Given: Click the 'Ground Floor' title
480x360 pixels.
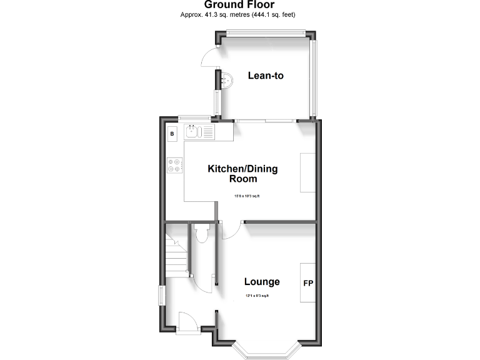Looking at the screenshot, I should click(239, 5).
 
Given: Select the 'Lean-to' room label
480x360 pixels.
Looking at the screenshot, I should click(266, 76).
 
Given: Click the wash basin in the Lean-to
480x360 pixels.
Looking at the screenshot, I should click(227, 79).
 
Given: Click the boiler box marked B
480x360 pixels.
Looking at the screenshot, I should click(173, 132).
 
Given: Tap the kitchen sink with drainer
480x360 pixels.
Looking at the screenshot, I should click(199, 131).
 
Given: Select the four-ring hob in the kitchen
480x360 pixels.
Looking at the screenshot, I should click(174, 166).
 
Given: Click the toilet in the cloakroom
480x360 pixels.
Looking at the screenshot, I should click(201, 232).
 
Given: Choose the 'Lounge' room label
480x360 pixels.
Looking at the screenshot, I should click(262, 281).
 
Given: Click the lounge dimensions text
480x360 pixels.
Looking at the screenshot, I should click(256, 296).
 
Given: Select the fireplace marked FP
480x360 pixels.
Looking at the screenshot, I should click(308, 283).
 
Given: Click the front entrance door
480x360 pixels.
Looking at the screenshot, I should click(187, 322).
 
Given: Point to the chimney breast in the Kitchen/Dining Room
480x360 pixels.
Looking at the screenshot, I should click(308, 172).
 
